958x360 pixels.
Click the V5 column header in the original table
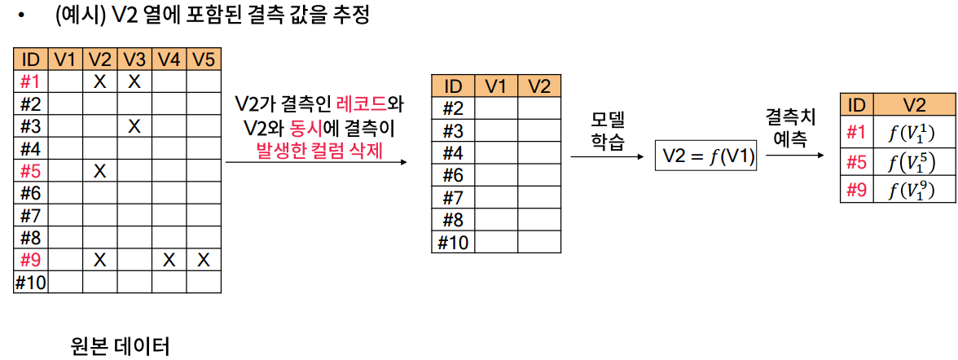pos(204,59)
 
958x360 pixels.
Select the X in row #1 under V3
pos(135,81)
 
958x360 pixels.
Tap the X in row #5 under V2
pos(100,171)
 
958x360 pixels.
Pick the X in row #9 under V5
pos(204,260)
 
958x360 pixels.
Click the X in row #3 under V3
pos(135,126)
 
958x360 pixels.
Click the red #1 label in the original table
pos(30,81)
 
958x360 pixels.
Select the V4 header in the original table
pos(169,59)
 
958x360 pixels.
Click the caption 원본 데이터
pos(121,347)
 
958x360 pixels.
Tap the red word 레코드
pos(365,105)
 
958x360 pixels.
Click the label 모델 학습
pos(606,130)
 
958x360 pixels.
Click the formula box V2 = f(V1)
pos(706,156)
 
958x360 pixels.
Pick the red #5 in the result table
pos(856,163)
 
